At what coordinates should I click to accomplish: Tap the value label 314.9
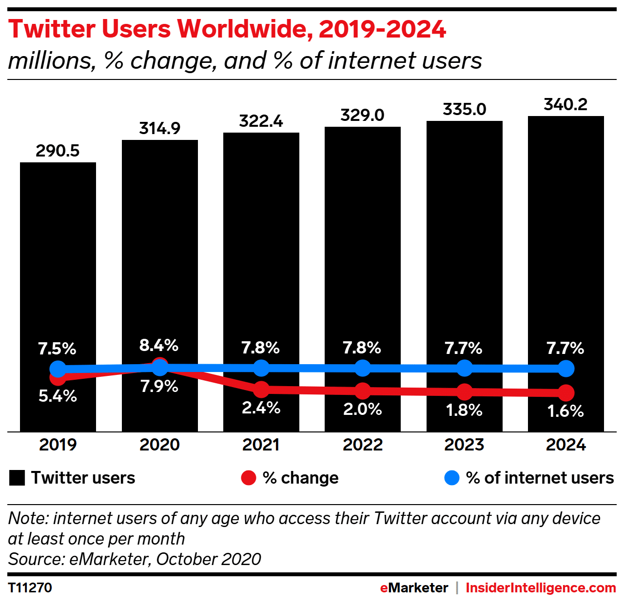[159, 128]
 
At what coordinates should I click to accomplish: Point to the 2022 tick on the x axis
[362, 445]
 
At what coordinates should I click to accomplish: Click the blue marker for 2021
[261, 368]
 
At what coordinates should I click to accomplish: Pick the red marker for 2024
[566, 392]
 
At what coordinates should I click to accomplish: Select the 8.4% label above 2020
[159, 345]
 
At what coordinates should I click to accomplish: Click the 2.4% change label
[261, 408]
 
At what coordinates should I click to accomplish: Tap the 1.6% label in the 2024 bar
[565, 411]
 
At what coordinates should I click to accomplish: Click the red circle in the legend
[249, 478]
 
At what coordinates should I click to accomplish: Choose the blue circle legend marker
[452, 478]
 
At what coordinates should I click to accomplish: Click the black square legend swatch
[17, 478]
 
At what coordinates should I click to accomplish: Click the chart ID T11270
[30, 587]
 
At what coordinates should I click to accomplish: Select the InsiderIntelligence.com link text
[541, 587]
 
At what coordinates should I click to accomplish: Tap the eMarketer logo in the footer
[414, 587]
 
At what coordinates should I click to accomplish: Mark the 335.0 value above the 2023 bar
[464, 109]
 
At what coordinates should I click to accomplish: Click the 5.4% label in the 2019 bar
[58, 396]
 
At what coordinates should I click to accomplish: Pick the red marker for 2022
[363, 391]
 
